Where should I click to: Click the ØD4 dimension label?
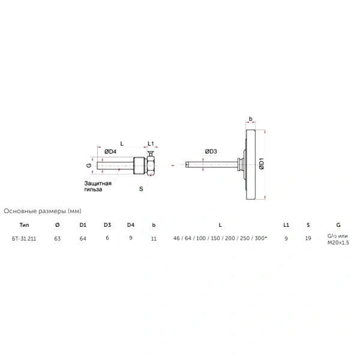coord(110,152)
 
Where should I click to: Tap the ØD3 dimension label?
coord(211,152)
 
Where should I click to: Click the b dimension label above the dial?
coord(250,119)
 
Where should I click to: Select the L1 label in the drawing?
coord(151,144)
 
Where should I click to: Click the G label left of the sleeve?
coord(89,166)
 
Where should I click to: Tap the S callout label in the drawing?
coord(141,189)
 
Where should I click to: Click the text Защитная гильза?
coord(98,186)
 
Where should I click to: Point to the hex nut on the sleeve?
coord(151,166)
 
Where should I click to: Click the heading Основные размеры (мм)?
coord(43,211)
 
